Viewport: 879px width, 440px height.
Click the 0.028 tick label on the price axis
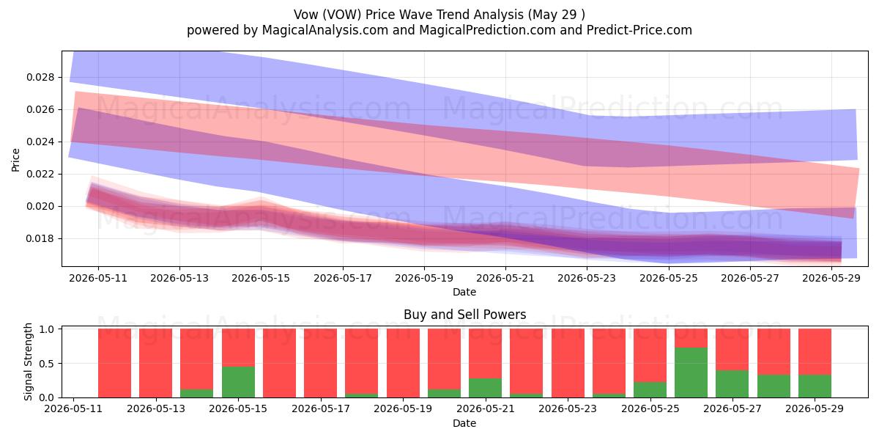(40, 78)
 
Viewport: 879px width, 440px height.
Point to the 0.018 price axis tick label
(40, 239)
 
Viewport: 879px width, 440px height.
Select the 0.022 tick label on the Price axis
(40, 174)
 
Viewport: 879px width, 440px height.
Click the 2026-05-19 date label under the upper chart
(424, 278)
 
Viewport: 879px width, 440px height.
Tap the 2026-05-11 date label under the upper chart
(98, 278)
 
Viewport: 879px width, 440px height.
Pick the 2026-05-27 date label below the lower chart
(732, 408)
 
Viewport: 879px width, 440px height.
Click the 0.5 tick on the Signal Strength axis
(47, 364)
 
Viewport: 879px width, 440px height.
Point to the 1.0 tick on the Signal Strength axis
(47, 329)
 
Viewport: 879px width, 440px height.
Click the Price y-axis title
(15, 160)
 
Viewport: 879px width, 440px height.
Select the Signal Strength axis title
(28, 362)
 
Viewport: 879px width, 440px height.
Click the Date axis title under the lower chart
(464, 423)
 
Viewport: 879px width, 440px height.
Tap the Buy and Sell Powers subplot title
(464, 315)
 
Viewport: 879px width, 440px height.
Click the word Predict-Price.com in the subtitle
(639, 30)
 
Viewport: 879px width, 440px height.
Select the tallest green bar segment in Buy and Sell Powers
(691, 373)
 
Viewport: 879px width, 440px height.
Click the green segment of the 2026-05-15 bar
(238, 382)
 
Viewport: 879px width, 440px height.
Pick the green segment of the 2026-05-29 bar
(815, 386)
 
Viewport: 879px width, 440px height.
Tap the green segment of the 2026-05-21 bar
(485, 388)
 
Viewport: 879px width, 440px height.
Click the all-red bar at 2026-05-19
(403, 363)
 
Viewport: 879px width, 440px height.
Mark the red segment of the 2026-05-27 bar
(732, 350)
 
